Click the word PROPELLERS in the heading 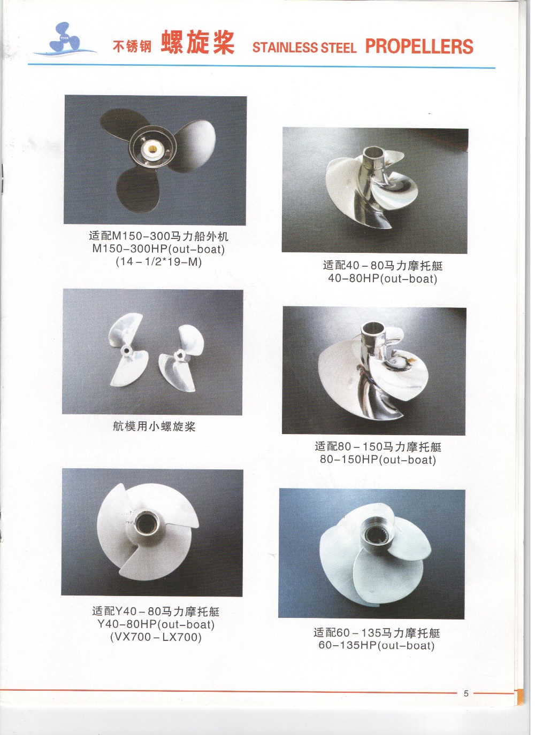point(419,47)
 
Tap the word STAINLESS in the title point(285,48)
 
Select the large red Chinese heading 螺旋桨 point(198,42)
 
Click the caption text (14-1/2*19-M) point(159,262)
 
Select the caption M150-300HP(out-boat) point(159,249)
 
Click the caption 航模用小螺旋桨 point(154,427)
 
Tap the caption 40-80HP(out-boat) point(383,279)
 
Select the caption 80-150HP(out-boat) point(378,460)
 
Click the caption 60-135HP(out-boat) point(377,646)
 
